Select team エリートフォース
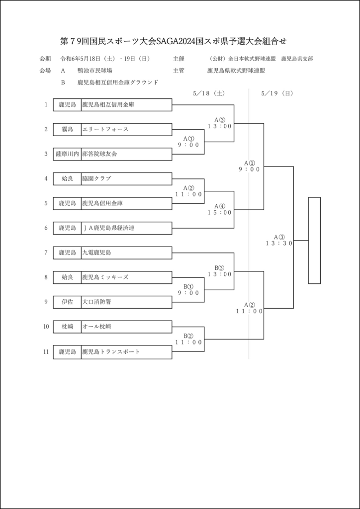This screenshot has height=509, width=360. (x=105, y=129)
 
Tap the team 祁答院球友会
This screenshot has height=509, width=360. (x=100, y=154)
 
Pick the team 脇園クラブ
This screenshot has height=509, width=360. (x=97, y=178)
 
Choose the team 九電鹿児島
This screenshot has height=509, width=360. (x=97, y=253)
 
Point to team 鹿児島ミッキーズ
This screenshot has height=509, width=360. (x=105, y=277)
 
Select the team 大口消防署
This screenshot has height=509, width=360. (x=100, y=302)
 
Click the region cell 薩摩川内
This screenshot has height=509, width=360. (x=67, y=154)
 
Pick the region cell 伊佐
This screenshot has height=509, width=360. (x=67, y=302)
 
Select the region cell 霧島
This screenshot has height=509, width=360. (x=67, y=129)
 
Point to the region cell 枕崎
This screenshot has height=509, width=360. (x=67, y=327)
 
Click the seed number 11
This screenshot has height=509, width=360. (x=46, y=352)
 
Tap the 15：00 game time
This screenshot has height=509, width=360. (x=220, y=213)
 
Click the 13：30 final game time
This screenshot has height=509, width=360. (x=279, y=244)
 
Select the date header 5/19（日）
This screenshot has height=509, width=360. (x=276, y=93)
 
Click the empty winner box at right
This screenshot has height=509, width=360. (x=314, y=241)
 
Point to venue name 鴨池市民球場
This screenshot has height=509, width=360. (x=95, y=71)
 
